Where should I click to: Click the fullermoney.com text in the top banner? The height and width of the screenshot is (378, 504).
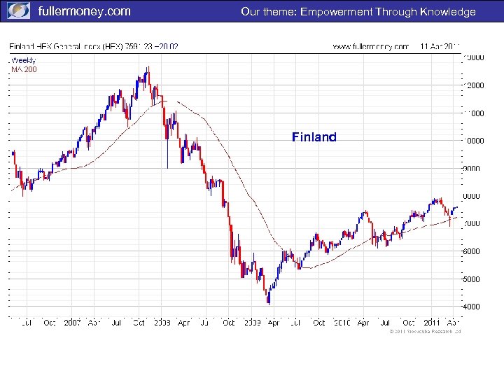[83, 12]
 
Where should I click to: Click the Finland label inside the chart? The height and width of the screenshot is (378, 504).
[314, 137]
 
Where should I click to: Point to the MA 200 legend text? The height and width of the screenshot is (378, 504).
[24, 69]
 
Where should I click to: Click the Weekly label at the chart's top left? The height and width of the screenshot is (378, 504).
[23, 60]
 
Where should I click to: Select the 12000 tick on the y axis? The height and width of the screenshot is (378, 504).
[475, 85]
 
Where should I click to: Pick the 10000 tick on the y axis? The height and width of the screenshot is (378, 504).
[475, 141]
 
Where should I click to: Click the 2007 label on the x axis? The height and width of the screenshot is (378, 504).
[73, 323]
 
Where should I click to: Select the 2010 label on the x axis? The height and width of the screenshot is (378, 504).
[342, 323]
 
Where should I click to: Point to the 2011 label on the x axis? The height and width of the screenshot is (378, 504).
[430, 323]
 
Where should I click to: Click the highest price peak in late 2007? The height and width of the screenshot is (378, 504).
[148, 68]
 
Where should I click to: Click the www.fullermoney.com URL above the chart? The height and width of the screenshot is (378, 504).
[370, 47]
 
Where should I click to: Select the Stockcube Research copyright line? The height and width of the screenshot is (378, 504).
[425, 332]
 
